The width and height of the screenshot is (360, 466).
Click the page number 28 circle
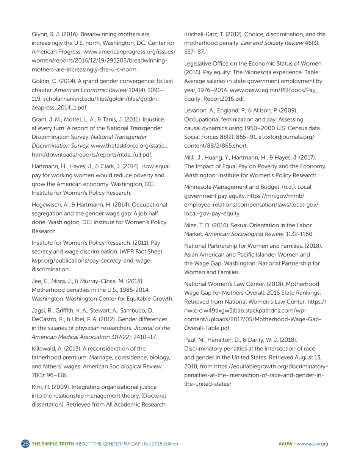click(x=25, y=444)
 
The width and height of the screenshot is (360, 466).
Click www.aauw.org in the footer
click(x=311, y=444)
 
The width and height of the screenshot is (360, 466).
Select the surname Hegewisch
click(x=45, y=205)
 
